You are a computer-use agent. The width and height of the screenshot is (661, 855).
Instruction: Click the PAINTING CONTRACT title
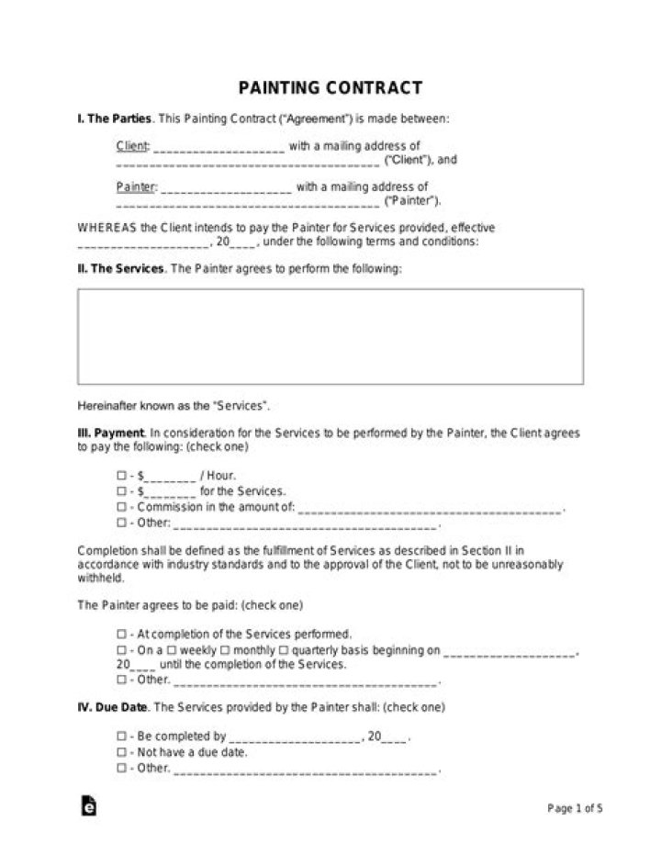pos(330,88)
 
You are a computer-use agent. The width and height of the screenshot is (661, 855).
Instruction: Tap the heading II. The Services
pos(121,269)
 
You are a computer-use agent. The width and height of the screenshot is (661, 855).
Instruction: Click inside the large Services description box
pos(330,335)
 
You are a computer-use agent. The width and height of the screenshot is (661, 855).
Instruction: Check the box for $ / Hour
pos(122,476)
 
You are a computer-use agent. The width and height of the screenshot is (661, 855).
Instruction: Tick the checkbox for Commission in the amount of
pos(122,507)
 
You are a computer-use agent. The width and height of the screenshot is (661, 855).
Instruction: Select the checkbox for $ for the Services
pos(122,491)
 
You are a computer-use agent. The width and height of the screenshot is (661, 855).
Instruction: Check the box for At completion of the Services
pos(122,635)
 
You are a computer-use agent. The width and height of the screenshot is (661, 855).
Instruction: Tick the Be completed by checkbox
pos(122,737)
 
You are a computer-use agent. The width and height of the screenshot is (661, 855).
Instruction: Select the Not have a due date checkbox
pos(122,752)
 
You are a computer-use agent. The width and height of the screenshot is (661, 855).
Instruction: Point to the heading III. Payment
pos(110,432)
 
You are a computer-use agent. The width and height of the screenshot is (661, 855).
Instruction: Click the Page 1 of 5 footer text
pos(575,809)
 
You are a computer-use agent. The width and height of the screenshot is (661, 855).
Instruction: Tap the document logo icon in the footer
pos(89,806)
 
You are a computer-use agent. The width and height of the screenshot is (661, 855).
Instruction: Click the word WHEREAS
pos(106,228)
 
